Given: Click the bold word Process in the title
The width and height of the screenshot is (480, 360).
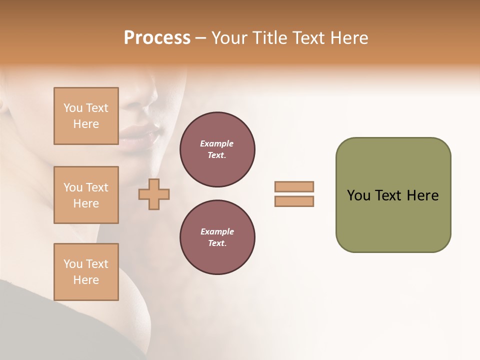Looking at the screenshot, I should [157, 38].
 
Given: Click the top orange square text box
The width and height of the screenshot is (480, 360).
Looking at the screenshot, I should [86, 116].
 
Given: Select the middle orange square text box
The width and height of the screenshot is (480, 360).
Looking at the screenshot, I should [86, 195].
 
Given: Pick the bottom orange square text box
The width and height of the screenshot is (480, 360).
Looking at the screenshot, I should [86, 272].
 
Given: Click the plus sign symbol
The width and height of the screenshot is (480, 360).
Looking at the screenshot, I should [154, 194].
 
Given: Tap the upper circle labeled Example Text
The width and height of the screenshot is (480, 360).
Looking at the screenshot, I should [217, 149].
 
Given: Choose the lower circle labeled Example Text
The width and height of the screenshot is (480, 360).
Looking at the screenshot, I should [217, 237].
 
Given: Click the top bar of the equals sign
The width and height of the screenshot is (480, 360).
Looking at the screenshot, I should [294, 186].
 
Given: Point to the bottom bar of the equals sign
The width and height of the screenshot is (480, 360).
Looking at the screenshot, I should [294, 201].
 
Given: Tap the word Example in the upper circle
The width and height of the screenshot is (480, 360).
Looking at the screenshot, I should [217, 144].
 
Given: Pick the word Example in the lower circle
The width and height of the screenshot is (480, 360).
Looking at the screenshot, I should [217, 232].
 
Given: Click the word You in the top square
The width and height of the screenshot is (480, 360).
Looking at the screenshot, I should [73, 108].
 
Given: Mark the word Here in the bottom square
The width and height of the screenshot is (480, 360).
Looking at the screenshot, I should [86, 280].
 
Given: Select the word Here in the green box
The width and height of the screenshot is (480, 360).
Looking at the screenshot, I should [422, 195].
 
